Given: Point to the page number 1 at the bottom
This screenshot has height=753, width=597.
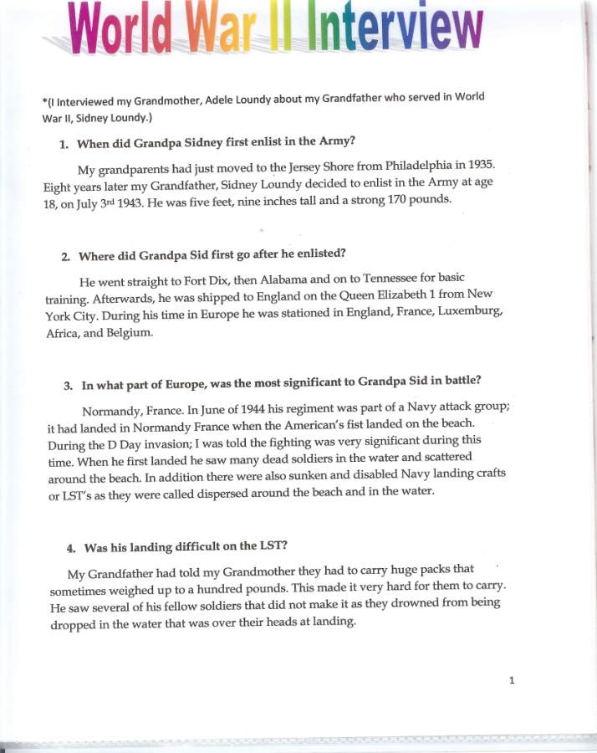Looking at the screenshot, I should (512, 679).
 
